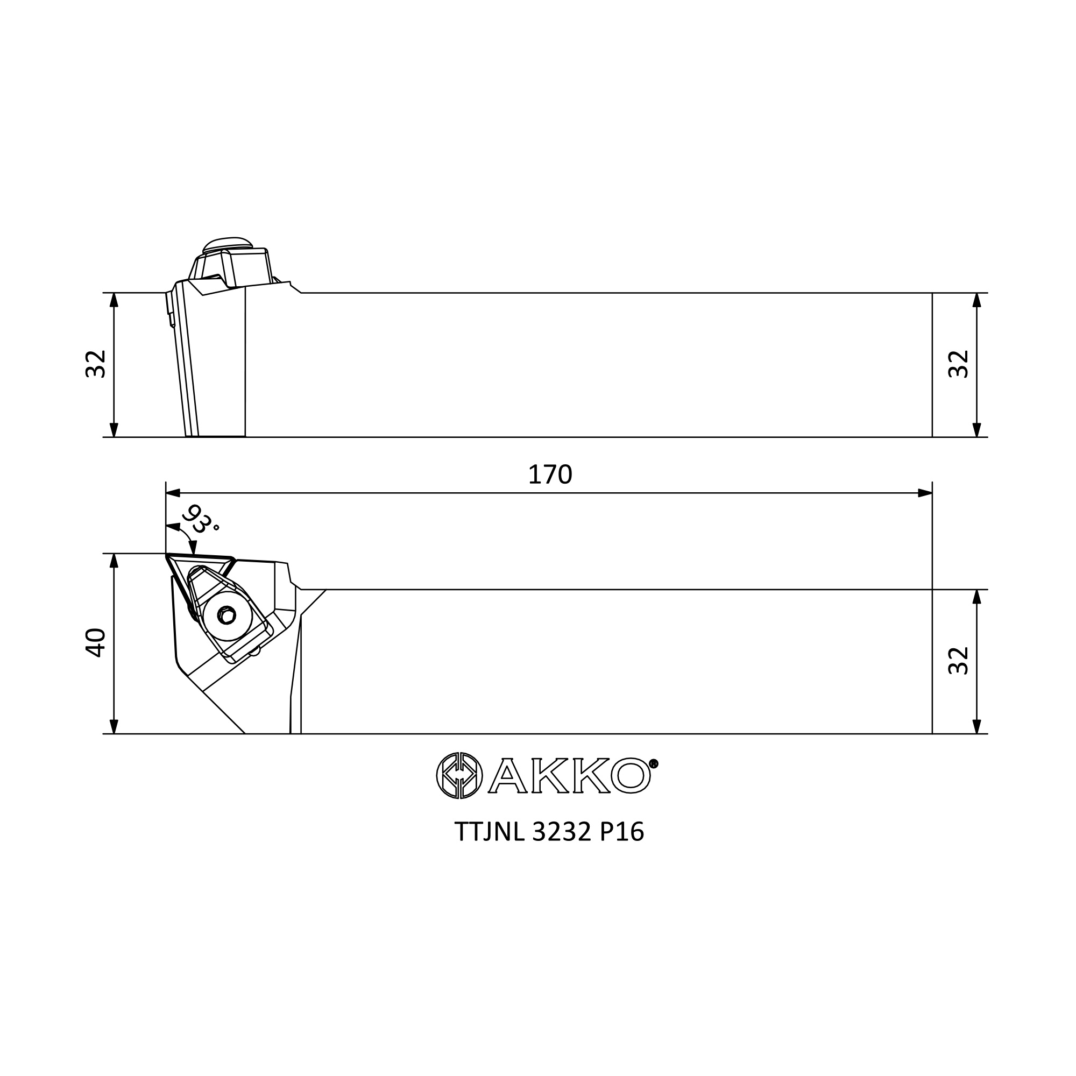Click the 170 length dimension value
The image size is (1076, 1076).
coord(550,475)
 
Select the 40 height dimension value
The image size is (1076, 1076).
coord(96,643)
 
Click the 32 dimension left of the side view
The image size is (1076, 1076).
coord(96,364)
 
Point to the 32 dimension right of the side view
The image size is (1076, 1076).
coord(959,364)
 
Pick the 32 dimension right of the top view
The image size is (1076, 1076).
coord(959,661)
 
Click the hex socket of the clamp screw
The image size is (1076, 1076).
coord(226,615)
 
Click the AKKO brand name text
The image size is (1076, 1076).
coord(569,775)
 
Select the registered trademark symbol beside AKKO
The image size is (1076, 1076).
coord(654,763)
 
